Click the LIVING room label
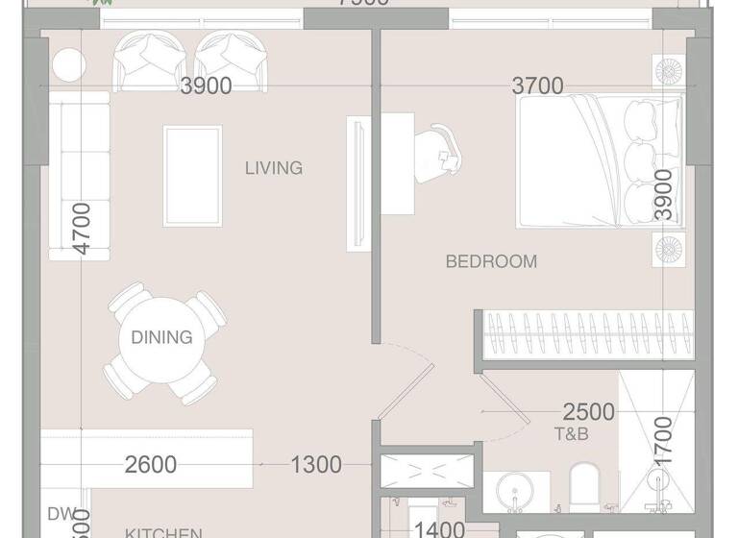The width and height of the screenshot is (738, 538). click(274, 168)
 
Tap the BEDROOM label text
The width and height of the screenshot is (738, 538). click(492, 261)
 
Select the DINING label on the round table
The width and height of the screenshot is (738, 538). click(161, 337)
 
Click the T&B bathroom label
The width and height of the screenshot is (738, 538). click(571, 434)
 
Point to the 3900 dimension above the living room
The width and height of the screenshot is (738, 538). click(207, 86)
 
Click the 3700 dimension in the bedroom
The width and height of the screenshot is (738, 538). click(537, 86)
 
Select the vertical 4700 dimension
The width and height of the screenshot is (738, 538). click(82, 228)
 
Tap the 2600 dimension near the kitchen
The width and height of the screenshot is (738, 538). click(151, 465)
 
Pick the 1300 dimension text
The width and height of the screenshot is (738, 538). click(316, 465)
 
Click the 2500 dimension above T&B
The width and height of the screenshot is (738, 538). click(588, 412)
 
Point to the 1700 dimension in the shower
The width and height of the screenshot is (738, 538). click(662, 441)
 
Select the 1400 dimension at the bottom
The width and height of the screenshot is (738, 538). click(439, 528)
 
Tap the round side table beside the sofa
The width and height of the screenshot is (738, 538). click(68, 65)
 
